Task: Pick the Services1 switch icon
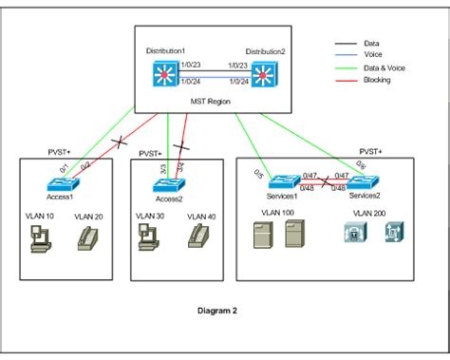pos(282,180)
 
